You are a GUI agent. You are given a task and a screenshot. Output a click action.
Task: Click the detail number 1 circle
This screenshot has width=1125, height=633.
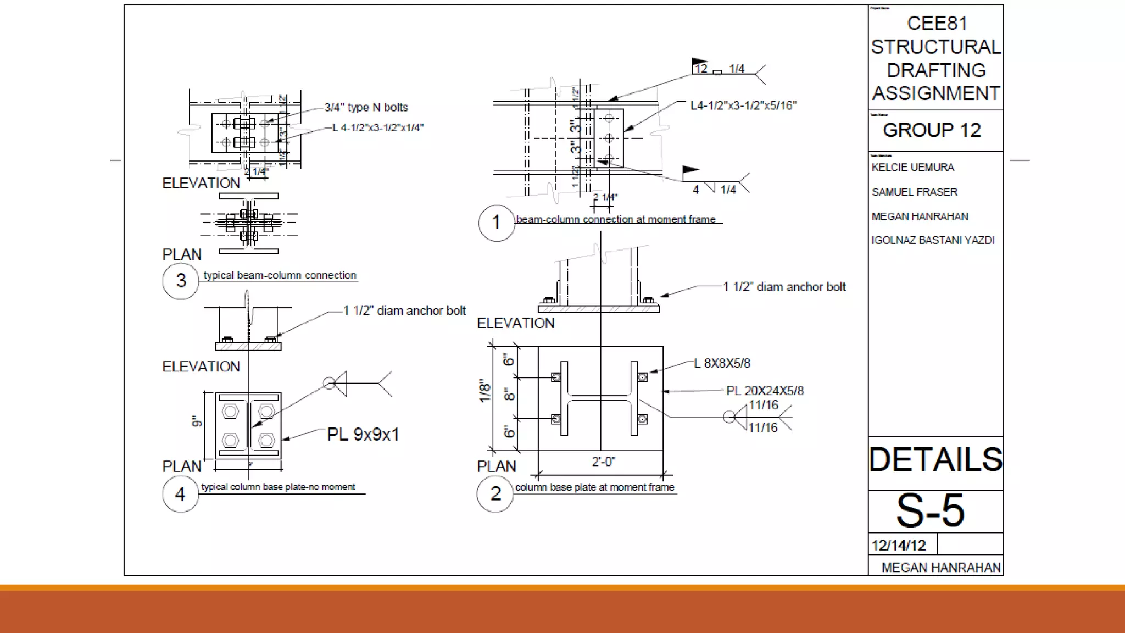coord(496,223)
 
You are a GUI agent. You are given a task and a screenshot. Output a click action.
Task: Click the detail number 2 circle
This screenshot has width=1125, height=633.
coord(495,494)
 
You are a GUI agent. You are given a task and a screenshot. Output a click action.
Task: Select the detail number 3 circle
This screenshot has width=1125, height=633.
coord(181,281)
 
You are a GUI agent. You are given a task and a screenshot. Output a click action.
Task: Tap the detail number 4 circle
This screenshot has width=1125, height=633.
coord(180,495)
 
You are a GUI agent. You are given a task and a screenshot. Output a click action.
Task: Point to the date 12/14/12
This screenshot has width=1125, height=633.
coord(899,546)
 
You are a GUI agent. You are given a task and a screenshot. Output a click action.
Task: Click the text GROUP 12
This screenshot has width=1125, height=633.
coord(932,130)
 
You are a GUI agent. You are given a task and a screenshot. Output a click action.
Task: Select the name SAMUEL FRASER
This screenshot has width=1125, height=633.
coord(914,192)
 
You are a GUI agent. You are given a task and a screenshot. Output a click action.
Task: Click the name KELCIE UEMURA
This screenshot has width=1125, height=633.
coord(912,167)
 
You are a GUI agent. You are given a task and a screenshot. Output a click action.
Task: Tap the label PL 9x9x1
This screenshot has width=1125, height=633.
coord(363,435)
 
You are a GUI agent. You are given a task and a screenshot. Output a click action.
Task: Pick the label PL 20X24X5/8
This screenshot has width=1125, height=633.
coord(764,391)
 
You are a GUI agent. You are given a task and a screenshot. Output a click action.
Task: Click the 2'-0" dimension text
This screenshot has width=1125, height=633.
coord(603,462)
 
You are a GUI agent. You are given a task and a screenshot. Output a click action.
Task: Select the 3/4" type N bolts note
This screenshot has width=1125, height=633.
coord(366,107)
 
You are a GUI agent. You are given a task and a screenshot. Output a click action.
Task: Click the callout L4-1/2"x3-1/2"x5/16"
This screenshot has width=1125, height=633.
coord(743,105)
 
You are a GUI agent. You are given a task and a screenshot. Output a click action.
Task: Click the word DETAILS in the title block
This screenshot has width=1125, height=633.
coord(935,460)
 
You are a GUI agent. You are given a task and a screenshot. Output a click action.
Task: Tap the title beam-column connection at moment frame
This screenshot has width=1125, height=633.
coord(615,219)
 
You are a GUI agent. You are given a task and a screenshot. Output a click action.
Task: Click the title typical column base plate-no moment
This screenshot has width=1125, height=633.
coord(278,487)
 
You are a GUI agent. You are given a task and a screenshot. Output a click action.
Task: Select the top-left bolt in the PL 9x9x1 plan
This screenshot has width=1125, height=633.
coord(230,411)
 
